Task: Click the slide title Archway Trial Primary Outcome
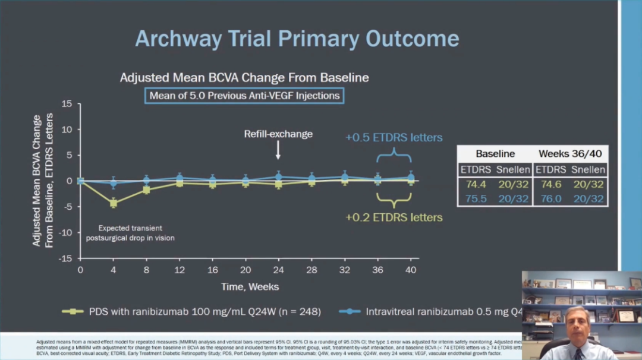coord(297,39)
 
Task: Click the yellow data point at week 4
coord(114,203)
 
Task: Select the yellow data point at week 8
coord(146,190)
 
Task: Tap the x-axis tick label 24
coord(278,269)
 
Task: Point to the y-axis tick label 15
coord(67,103)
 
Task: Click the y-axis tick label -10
coord(65,232)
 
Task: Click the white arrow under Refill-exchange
coord(278,153)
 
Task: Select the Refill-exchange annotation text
coord(278,134)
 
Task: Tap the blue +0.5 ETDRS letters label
coord(394,138)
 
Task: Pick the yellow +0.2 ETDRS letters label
coord(394,217)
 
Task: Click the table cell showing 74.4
coord(476,184)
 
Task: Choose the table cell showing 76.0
coord(550,199)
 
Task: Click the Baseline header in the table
coord(495,154)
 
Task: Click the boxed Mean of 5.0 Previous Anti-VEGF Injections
coord(244,96)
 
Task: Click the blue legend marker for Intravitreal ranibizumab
coord(350,311)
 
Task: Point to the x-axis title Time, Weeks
coord(250,287)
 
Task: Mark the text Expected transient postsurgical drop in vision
coord(130,233)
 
